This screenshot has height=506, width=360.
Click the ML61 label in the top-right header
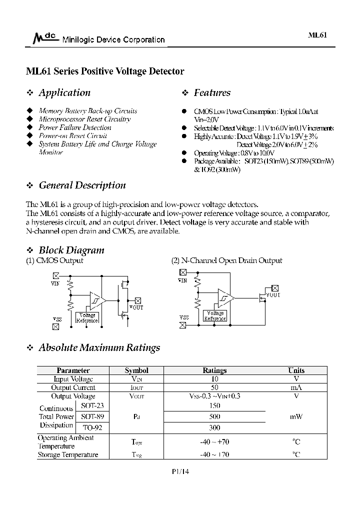click(317, 36)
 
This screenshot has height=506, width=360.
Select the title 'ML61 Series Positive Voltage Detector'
click(105, 71)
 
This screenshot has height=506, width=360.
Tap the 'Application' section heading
click(64, 93)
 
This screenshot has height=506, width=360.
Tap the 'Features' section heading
click(212, 93)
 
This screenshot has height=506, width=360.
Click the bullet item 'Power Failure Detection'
click(75, 127)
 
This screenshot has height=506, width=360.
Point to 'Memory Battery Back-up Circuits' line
click(87, 111)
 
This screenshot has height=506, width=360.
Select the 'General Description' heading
click(82, 185)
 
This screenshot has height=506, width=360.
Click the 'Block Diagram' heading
click(71, 250)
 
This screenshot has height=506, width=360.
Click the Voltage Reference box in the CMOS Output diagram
click(87, 318)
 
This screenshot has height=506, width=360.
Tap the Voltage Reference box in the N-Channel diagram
click(215, 316)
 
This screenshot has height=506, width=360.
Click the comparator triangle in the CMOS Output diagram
click(96, 300)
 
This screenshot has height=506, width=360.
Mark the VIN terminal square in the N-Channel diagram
click(182, 272)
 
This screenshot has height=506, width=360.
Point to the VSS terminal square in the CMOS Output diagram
click(55, 326)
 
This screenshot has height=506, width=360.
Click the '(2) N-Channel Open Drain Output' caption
click(226, 260)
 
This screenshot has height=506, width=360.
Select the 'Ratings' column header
click(214, 370)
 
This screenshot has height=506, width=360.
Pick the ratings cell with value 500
click(214, 416)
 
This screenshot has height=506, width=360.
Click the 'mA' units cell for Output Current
click(296, 387)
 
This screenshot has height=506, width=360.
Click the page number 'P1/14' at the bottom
click(180, 471)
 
